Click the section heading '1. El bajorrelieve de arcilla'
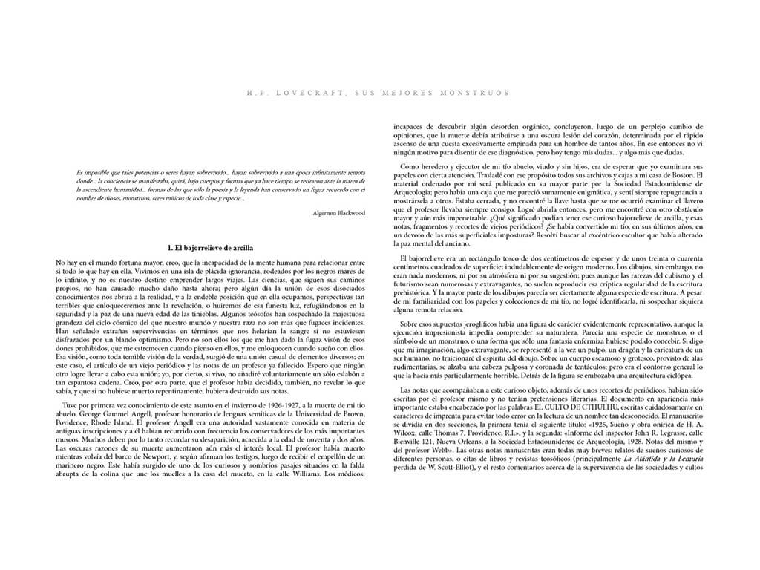coord(211,246)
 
